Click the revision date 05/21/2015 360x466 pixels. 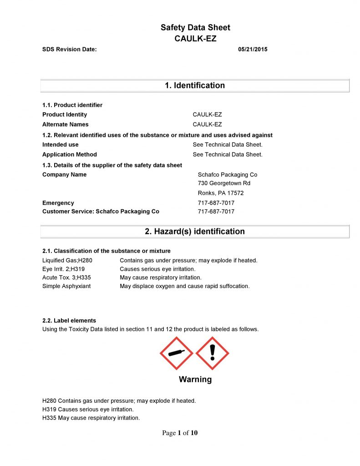[x=253, y=49]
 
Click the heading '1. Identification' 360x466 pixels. [x=195, y=86]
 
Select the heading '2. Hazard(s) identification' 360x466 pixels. [x=195, y=232]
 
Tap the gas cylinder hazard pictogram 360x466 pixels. [x=177, y=353]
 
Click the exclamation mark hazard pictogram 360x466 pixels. [x=212, y=353]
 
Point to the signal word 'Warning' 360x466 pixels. [x=195, y=380]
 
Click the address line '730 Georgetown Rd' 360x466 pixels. [x=224, y=183]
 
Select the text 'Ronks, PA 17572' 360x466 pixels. [x=221, y=193]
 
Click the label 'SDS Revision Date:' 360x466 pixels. [x=70, y=49]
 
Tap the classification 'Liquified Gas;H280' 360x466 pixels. [x=67, y=260]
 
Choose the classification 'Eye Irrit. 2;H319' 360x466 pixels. [x=63, y=269]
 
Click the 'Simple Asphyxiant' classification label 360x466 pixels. [x=66, y=286]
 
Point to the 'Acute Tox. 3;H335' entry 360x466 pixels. [x=66, y=278]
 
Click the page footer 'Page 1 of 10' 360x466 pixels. [x=180, y=433]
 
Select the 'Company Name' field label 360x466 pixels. [x=64, y=175]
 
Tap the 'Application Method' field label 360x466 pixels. [x=70, y=155]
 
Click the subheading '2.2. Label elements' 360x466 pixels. [x=69, y=320]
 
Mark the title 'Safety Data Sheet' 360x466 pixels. [x=195, y=28]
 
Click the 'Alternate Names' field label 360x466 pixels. [x=66, y=125]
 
